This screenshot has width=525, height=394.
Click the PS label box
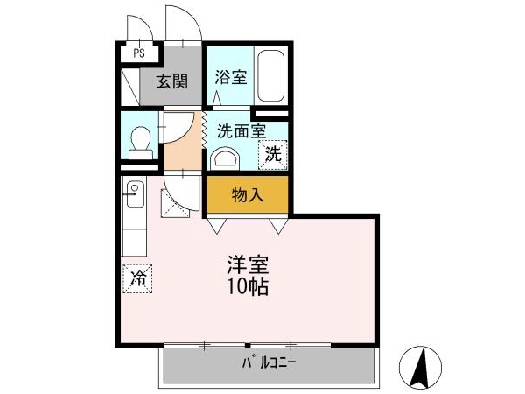(x=138, y=53)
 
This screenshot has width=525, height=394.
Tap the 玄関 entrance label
(x=172, y=82)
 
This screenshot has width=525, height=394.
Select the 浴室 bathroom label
(x=230, y=77)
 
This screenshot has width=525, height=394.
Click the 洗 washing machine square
(x=273, y=155)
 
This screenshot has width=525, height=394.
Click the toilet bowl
(x=138, y=142)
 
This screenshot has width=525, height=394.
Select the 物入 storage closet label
(x=247, y=196)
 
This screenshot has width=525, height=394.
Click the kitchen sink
(x=135, y=190)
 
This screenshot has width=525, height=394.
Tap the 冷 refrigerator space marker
(x=138, y=279)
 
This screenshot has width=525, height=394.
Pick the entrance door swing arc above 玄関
(x=183, y=23)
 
